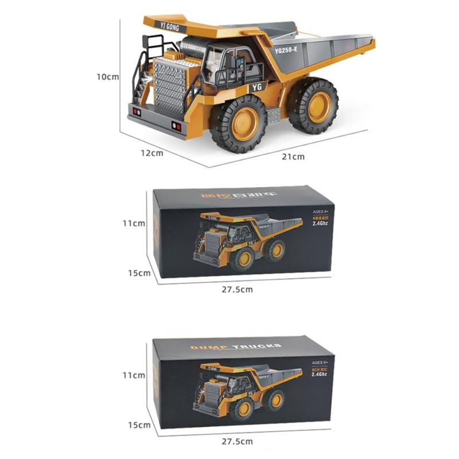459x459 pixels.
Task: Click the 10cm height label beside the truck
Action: point(107,76)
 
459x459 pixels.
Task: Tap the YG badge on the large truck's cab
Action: point(256,88)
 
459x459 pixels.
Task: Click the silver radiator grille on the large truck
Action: point(169,87)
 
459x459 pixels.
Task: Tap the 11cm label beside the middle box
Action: point(134,223)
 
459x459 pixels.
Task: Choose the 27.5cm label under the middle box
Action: point(237,290)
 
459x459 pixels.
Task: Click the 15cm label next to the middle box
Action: point(139,273)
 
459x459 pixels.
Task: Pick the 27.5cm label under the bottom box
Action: point(237,441)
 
